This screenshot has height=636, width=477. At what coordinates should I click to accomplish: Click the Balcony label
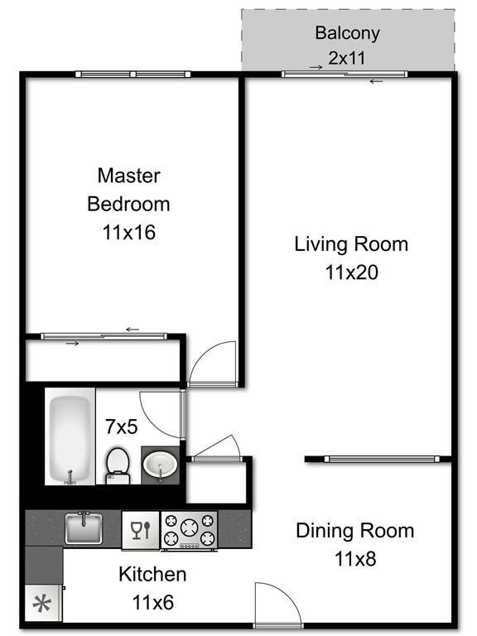[347, 33]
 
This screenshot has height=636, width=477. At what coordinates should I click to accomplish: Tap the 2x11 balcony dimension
[347, 59]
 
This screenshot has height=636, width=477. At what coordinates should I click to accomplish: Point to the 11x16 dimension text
[128, 233]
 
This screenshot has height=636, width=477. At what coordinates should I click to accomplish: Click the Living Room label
[351, 244]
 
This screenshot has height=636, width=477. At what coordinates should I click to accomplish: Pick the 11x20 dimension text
[351, 272]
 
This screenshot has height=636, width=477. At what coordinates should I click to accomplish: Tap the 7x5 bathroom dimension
[120, 426]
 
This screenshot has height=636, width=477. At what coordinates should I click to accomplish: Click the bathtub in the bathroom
[70, 439]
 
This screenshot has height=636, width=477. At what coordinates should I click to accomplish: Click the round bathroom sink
[159, 466]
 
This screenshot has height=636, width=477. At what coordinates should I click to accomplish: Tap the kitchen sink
[84, 528]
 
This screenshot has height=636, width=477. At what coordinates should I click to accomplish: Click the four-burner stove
[189, 530]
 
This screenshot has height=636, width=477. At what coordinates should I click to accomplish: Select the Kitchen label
[152, 574]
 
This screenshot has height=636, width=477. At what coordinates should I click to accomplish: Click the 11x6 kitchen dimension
[152, 602]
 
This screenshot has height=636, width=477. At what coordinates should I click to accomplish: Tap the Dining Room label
[354, 531]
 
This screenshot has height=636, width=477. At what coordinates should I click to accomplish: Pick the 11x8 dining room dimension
[354, 559]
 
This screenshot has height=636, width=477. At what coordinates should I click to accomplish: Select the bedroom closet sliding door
[104, 336]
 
